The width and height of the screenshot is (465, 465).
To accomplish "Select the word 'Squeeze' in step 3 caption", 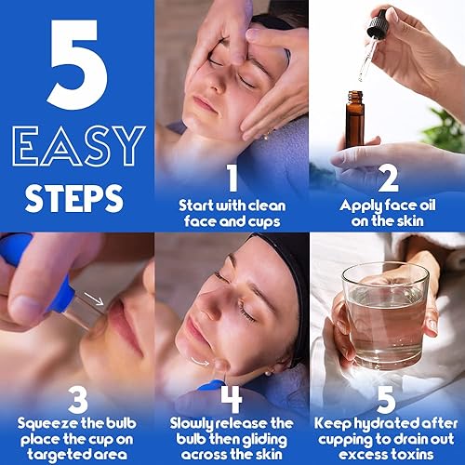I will [38, 422].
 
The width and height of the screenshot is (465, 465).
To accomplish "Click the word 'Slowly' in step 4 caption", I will [191, 422].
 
